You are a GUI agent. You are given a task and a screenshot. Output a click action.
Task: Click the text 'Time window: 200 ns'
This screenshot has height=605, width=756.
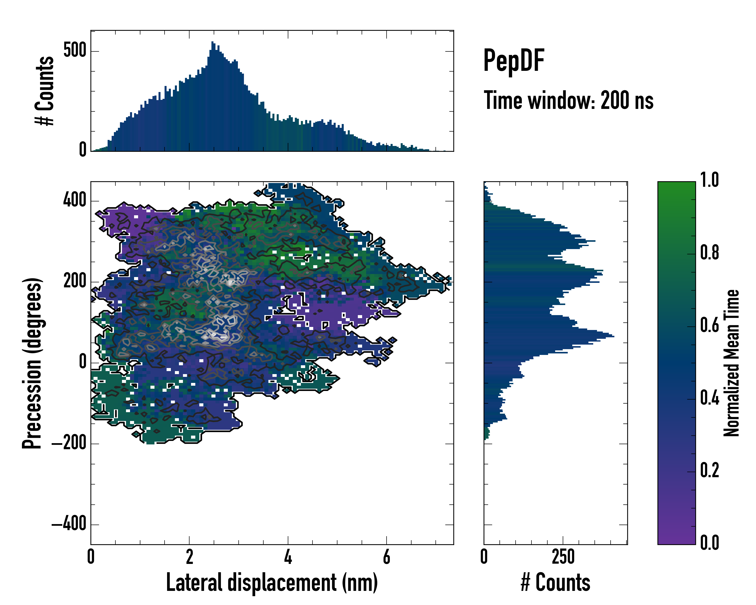[569, 101]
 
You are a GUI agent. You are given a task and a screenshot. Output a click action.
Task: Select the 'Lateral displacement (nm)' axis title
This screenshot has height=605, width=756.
[272, 583]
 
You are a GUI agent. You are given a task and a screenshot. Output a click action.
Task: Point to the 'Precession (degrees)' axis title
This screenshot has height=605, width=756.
[32, 363]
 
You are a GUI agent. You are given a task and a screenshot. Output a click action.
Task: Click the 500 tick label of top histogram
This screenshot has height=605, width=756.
[75, 50]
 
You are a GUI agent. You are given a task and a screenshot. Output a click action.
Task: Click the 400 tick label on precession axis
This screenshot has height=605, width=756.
[75, 201]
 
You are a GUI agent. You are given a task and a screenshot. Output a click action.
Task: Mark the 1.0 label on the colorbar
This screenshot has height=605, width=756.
[709, 180]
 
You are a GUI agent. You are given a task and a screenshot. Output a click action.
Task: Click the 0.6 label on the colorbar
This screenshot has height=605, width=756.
[709, 325]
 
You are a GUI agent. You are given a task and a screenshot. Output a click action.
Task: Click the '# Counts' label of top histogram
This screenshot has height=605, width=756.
[45, 91]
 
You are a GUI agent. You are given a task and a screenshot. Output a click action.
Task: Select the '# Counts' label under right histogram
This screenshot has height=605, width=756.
[555, 583]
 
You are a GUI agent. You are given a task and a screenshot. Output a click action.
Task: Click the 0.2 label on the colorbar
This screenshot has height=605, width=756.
[709, 471]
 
